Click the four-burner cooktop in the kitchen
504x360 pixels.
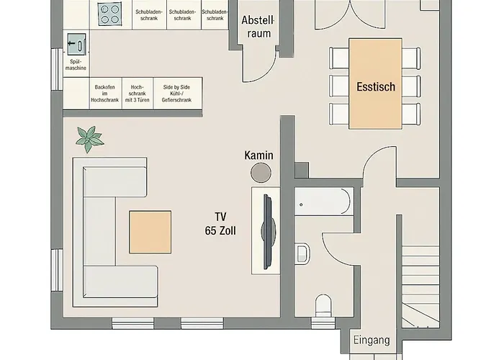[110, 14]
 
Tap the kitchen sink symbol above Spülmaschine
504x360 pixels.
[76, 45]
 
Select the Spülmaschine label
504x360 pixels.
[76, 65]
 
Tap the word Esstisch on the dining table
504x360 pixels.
[376, 86]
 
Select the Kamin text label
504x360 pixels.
[258, 155]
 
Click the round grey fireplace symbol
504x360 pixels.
[260, 172]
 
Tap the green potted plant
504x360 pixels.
[90, 138]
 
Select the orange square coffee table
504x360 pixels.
[150, 232]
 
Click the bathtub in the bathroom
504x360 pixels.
[323, 201]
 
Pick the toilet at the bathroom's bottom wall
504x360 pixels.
[324, 307]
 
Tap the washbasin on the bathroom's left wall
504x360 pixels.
[302, 253]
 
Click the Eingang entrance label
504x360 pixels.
[372, 341]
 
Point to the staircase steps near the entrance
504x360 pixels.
[420, 288]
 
